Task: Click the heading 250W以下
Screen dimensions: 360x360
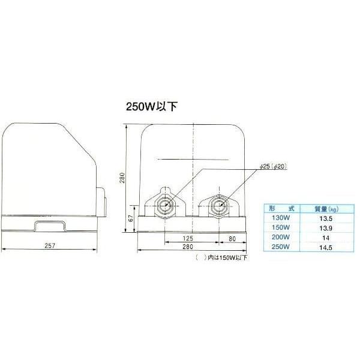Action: [x=152, y=107]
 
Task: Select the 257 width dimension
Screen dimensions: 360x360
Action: [x=50, y=246]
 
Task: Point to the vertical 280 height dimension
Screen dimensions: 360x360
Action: [x=122, y=178]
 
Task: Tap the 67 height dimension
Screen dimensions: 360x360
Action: [x=131, y=218]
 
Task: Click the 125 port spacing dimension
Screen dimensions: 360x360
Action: [x=188, y=238]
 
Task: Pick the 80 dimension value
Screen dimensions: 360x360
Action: [x=232, y=239]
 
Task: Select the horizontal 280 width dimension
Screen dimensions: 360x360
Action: [x=188, y=247]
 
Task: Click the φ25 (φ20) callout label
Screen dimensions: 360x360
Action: [x=274, y=166]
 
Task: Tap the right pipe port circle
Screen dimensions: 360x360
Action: [x=219, y=206]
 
